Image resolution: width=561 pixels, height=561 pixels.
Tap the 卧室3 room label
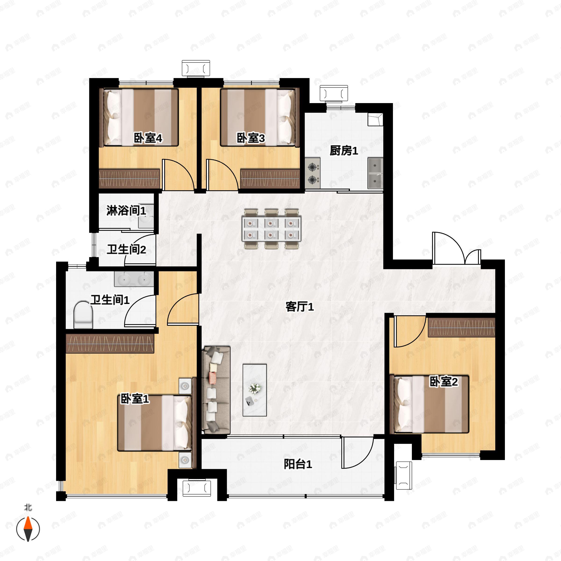point(251,138)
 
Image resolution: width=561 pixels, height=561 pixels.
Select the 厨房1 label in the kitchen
point(344,151)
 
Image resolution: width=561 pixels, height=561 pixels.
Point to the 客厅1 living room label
point(300,307)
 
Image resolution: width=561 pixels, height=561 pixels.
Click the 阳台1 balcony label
point(298,464)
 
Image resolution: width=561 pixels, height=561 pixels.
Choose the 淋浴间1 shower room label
point(126,211)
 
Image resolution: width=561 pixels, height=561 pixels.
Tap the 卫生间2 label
point(126,249)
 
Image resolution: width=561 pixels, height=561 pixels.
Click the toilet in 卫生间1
point(83,315)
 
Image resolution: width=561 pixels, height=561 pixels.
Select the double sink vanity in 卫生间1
point(134,279)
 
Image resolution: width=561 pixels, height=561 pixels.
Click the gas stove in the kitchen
point(313,173)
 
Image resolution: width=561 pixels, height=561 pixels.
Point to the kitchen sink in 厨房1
point(375,173)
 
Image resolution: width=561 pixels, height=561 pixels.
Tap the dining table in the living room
point(271,229)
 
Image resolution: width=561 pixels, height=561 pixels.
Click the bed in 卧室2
point(431,404)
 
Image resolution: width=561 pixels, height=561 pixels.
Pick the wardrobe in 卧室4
point(129,179)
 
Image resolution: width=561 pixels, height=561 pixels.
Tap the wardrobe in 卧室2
point(461,327)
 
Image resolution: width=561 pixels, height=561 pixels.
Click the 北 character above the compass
point(28,507)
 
